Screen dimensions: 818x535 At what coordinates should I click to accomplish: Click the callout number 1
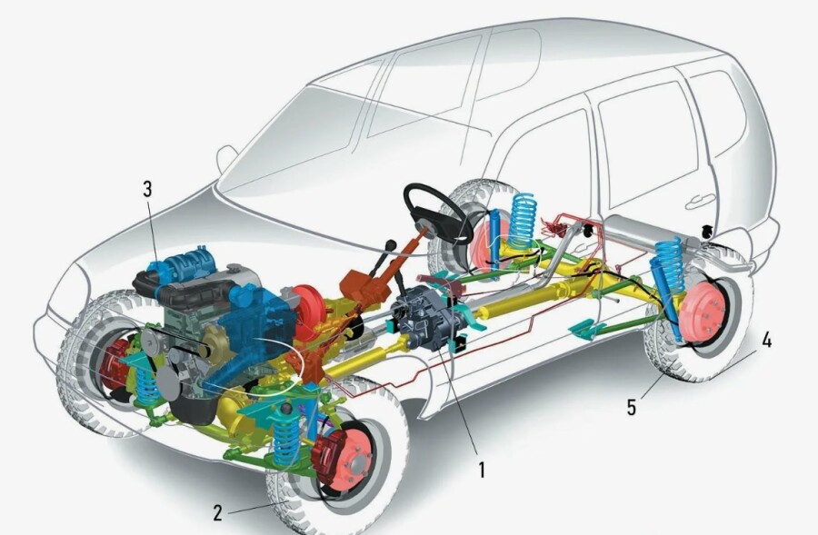pyautogui.click(x=482, y=470)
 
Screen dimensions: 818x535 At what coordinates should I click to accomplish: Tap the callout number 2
pyautogui.click(x=218, y=513)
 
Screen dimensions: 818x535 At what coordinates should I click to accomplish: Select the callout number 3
pyautogui.click(x=147, y=189)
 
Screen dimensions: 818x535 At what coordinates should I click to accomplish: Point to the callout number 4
pyautogui.click(x=766, y=340)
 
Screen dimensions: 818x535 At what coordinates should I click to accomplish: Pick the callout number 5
pyautogui.click(x=632, y=407)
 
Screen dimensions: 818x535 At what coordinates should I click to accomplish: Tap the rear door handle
pyautogui.click(x=701, y=201)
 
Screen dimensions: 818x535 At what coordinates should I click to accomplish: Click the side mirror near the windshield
pyautogui.click(x=226, y=158)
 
